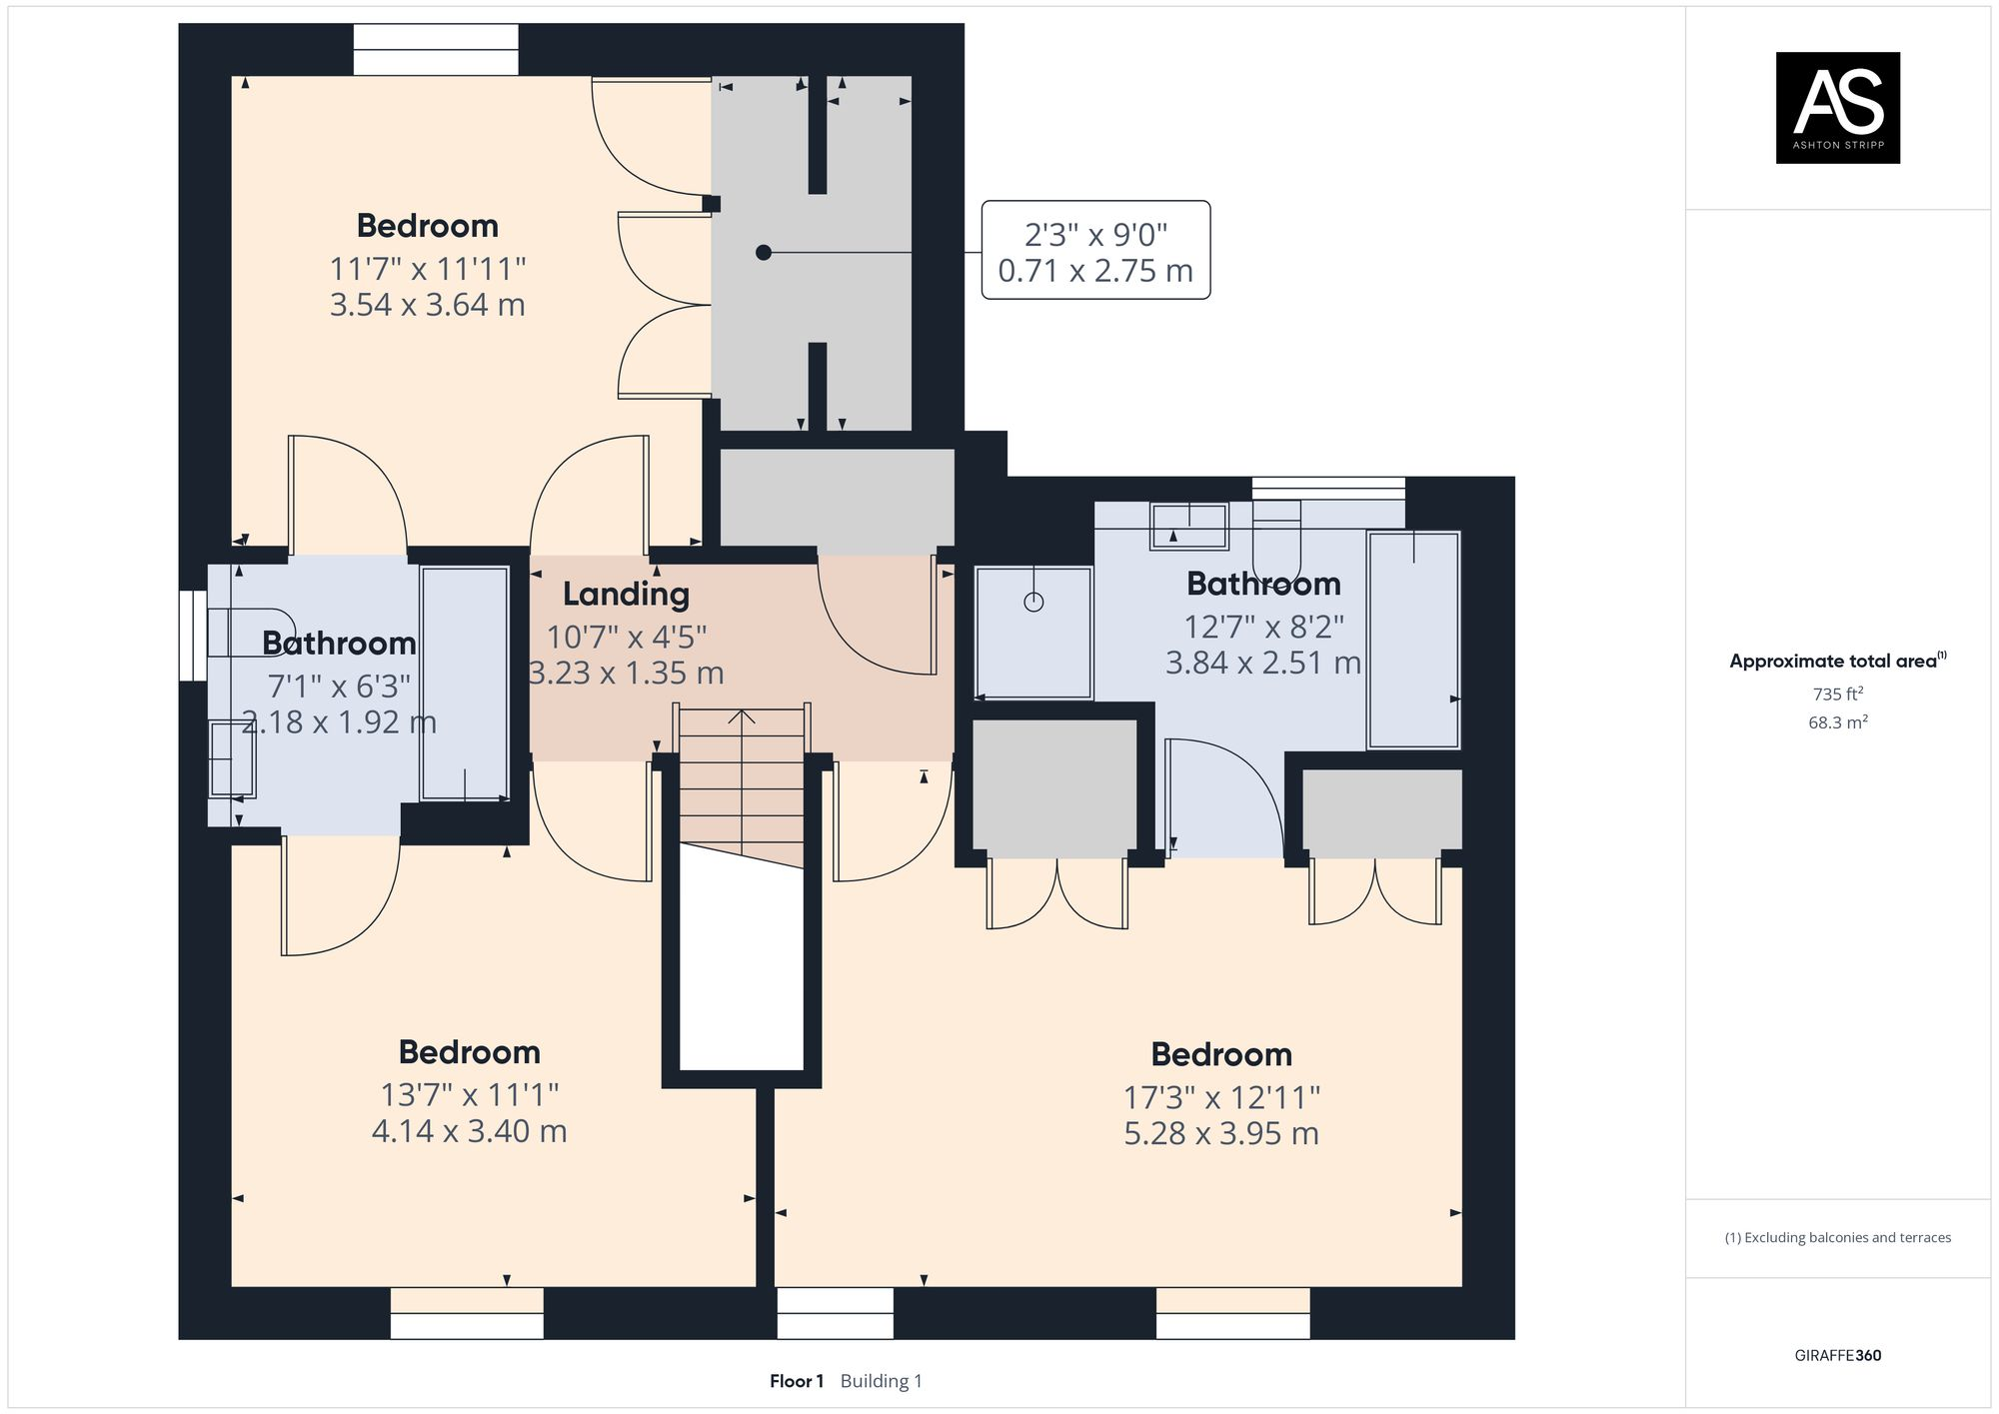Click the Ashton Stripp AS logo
1837,107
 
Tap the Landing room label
626,595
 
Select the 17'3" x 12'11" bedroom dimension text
1221,1097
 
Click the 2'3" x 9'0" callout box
1095,250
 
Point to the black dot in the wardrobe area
764,253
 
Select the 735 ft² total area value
1838,694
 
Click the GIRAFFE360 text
1838,1355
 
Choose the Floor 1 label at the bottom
797,1381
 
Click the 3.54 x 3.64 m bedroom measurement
428,305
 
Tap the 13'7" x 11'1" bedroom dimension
469,1095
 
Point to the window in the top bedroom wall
436,49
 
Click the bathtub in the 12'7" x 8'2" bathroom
1413,640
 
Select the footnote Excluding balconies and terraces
1838,1237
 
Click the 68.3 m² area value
1838,721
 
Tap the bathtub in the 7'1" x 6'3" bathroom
465,684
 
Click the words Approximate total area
1833,661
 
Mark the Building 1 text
882,1381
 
